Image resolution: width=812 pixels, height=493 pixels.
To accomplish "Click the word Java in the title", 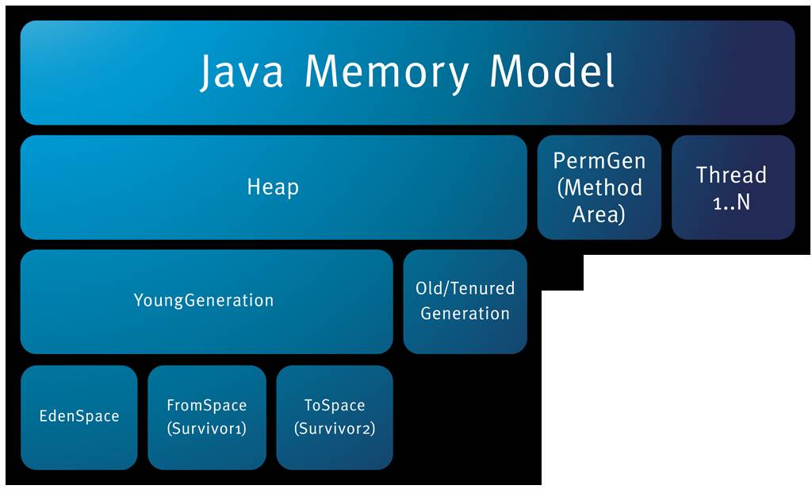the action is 242,71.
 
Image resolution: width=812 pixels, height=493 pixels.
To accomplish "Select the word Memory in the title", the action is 387,72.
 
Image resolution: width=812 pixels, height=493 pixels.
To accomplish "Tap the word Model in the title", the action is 552,71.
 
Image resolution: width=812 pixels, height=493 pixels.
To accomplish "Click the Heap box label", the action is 273,187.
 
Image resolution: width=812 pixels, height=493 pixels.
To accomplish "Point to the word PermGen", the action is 599,160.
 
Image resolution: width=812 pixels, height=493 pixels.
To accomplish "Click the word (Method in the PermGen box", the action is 599,187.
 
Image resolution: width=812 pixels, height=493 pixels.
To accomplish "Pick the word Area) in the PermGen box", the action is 599,214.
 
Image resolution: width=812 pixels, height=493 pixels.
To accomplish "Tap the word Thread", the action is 731,175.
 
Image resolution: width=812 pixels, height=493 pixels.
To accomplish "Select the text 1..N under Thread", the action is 731,202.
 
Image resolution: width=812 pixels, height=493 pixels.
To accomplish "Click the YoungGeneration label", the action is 204,300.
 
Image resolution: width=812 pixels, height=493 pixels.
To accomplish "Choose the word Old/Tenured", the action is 465,288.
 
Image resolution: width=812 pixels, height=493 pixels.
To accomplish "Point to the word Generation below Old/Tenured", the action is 465,313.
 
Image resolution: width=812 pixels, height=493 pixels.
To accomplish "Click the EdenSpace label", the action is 79,416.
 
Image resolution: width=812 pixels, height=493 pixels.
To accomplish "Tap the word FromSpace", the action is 207,405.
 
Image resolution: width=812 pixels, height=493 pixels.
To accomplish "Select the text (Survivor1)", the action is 207,429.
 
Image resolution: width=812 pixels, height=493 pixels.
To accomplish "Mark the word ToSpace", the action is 335,405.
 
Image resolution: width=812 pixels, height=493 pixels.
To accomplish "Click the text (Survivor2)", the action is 335,429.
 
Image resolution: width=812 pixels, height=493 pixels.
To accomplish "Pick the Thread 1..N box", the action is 733,187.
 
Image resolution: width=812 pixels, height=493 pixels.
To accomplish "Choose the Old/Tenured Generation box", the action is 465,302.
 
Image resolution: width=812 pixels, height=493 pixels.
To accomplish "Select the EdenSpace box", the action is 79,418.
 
